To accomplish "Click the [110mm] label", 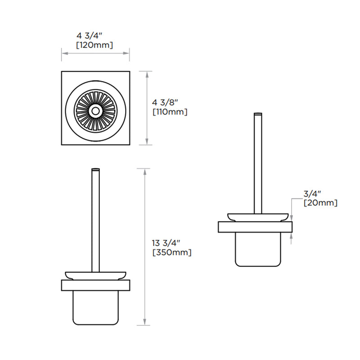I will coord(170,112).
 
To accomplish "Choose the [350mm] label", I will coord(172,252).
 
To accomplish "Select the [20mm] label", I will coord(320,203).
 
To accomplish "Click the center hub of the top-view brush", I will coord(95,110).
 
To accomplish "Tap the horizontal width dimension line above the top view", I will coord(95,54).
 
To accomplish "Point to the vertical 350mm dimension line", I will coord(144,247).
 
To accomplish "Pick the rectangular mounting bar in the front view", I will coord(95,285).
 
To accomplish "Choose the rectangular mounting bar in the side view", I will coord(255,227).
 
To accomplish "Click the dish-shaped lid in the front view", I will coord(95,275).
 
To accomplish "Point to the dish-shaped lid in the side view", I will coord(257,217).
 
